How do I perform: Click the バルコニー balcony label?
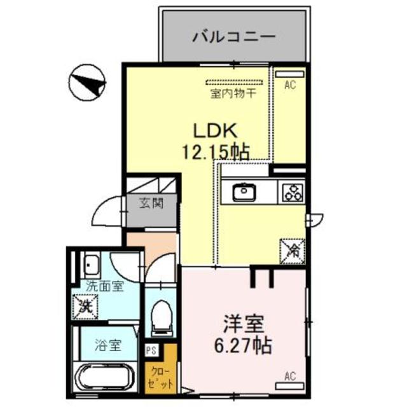(234, 36)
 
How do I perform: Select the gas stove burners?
(293, 191)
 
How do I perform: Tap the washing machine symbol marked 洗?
(85, 306)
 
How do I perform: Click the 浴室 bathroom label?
(106, 347)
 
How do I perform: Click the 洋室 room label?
(242, 322)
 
